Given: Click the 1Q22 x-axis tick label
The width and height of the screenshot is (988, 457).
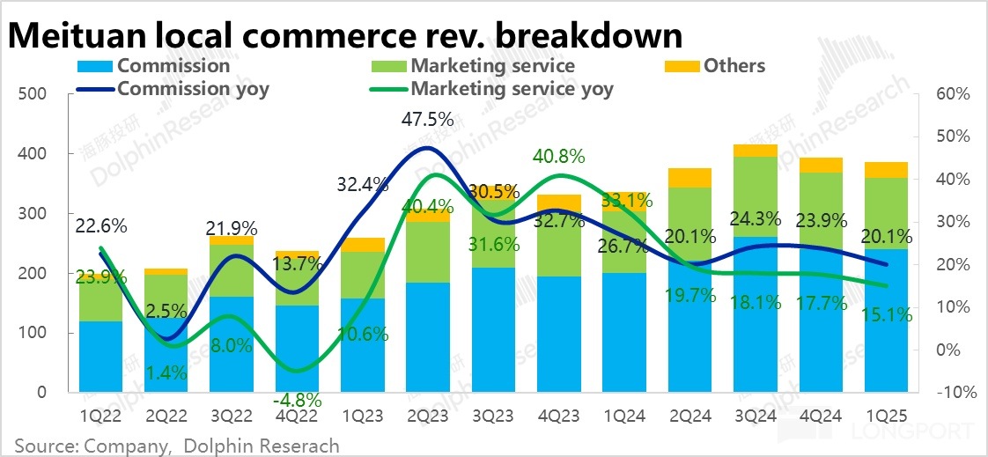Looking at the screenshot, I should (100, 416).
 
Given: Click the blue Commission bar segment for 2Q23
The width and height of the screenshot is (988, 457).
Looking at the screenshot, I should (428, 337).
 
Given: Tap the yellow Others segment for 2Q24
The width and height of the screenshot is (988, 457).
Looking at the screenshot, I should (689, 177).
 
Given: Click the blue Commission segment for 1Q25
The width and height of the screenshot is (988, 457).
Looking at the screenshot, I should (886, 321).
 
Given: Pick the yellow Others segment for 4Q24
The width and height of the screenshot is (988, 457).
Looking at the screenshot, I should (821, 165).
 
